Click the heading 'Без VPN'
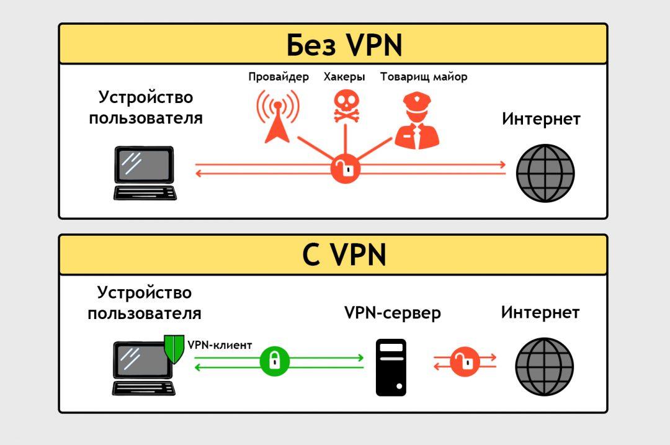click(344, 45)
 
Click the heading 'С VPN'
click(344, 255)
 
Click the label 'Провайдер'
click(279, 78)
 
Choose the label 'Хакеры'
click(344, 78)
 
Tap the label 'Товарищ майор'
click(424, 78)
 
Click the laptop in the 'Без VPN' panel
click(145, 173)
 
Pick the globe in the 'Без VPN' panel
click(546, 173)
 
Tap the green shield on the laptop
click(173, 349)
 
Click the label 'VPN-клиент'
click(220, 345)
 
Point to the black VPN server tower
click(391, 367)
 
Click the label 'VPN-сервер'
click(393, 313)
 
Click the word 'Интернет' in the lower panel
click(540, 312)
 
